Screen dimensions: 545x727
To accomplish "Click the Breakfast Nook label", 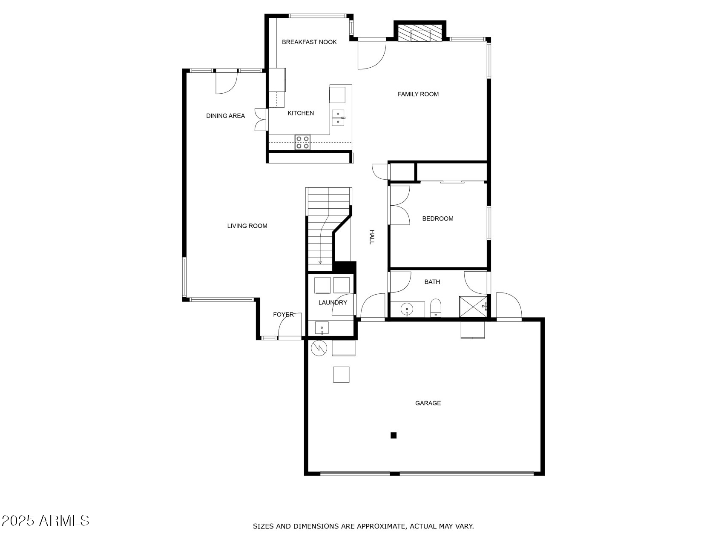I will coord(309,42).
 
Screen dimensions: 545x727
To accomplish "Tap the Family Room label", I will coord(418,94).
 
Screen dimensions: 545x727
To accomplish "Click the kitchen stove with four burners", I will coord(302,142).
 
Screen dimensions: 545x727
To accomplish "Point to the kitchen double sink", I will coord(338,118).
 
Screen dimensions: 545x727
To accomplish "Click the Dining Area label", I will coord(225,116).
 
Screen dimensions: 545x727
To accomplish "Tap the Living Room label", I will coord(247,226).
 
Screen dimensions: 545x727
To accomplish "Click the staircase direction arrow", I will coord(320,262).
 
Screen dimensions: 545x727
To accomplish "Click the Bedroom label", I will coord(437,218).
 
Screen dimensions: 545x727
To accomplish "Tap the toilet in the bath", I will coord(435,308).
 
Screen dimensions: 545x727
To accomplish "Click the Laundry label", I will coord(333,302).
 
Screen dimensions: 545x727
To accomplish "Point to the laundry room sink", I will coord(322,328).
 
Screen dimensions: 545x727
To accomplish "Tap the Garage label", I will coord(428,403).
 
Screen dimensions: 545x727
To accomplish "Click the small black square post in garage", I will coord(394,435).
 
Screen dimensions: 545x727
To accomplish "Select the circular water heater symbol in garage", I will coord(319,348).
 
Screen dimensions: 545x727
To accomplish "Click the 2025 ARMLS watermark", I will coord(45,520).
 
